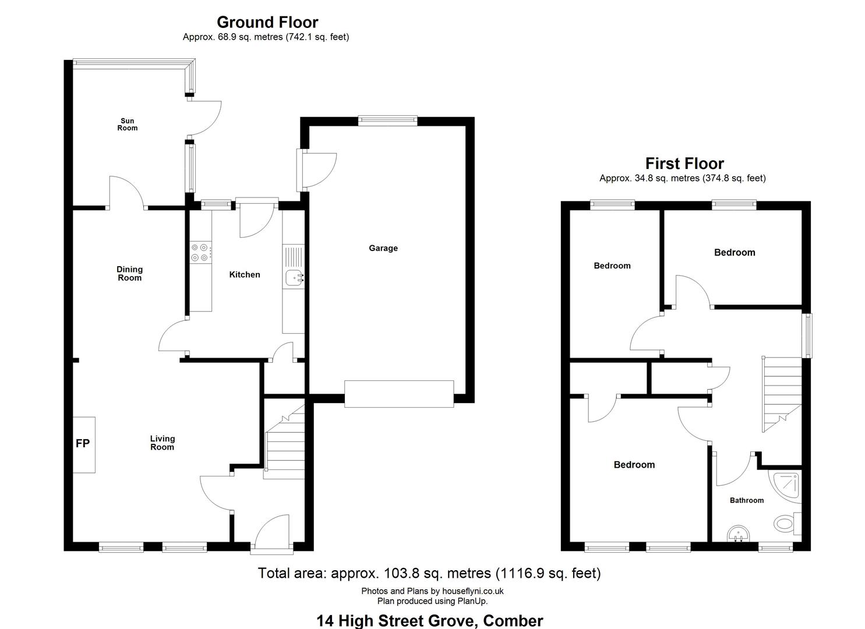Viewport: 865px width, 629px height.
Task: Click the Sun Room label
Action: [128, 124]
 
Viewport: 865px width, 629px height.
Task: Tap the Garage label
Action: [383, 248]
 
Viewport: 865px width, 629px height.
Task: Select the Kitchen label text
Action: [245, 274]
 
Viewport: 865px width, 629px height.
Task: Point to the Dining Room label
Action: [130, 273]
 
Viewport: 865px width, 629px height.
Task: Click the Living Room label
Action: [162, 443]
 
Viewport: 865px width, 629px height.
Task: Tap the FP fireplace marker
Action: [83, 443]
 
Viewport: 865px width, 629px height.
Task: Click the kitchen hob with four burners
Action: [201, 253]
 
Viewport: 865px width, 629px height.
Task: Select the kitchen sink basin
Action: [294, 277]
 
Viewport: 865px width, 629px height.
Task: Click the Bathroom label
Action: [747, 500]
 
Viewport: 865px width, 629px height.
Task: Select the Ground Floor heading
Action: [267, 22]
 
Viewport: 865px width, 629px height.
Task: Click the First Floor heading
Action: [684, 164]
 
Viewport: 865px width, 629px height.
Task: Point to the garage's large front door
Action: [399, 394]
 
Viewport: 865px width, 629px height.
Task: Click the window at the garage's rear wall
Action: [388, 121]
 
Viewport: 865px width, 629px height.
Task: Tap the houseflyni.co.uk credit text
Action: [472, 591]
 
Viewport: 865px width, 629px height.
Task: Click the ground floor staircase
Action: [285, 441]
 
